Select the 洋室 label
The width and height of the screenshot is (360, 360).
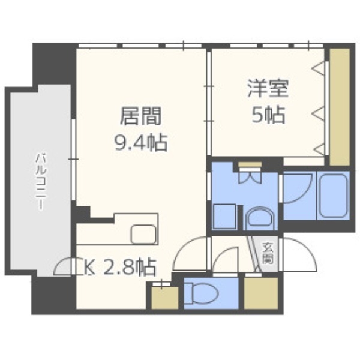268,88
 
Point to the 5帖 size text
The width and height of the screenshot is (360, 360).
268,114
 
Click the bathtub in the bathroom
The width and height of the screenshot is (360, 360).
334,195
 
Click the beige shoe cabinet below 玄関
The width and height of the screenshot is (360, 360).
260,294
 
